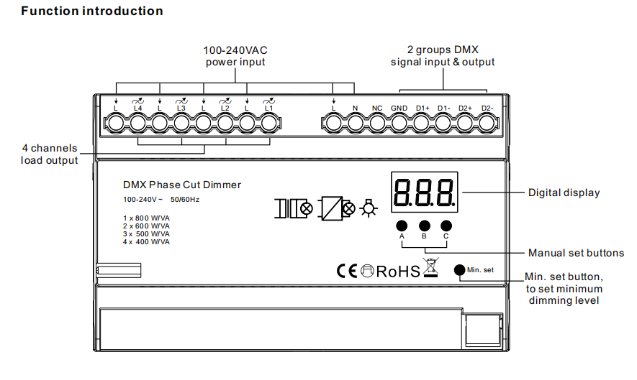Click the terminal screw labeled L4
(137, 124)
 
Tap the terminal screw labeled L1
(268, 124)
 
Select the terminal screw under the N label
(356, 124)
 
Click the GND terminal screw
(399, 124)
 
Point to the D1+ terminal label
(423, 108)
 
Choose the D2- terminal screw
(487, 124)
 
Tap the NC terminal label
(377, 108)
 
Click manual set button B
(424, 226)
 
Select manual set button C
(446, 226)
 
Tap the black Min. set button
(459, 270)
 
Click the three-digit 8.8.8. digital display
(425, 192)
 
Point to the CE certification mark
(347, 271)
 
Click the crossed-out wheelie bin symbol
(431, 267)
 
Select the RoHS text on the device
(398, 272)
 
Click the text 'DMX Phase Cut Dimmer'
(182, 185)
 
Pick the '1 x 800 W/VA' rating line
(146, 218)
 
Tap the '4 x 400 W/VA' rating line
(146, 242)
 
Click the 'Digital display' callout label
(564, 193)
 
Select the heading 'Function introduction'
(92, 11)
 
